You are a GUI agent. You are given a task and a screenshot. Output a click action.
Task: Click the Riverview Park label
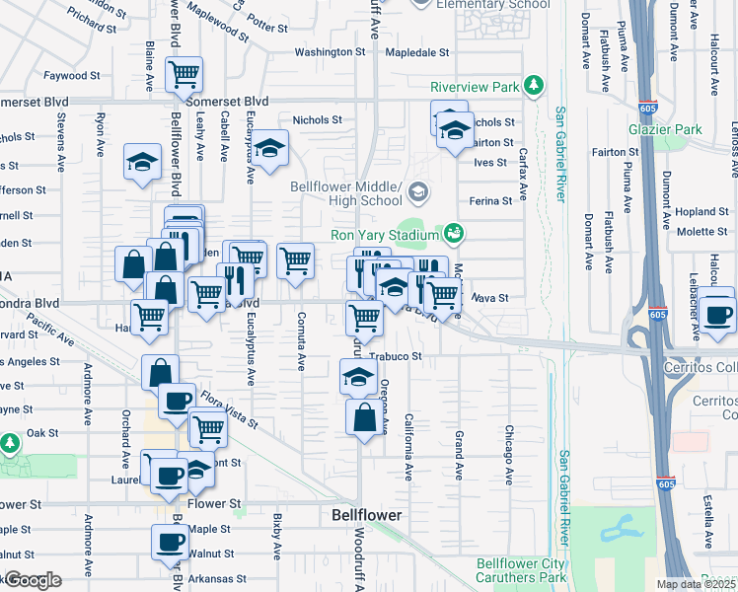coord(475,87)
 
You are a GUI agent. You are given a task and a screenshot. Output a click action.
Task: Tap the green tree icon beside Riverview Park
coord(534,87)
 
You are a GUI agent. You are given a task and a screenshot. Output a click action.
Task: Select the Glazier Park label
coord(664,129)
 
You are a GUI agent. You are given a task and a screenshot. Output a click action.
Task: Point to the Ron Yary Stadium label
coord(383,235)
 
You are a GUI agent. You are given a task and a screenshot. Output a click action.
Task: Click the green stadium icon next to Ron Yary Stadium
coord(454,234)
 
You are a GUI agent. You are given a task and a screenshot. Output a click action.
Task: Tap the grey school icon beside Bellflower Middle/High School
coord(417,190)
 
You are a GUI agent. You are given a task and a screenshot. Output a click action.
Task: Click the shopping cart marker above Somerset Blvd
coord(184,73)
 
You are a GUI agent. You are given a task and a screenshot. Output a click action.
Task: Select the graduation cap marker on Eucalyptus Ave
coord(268,148)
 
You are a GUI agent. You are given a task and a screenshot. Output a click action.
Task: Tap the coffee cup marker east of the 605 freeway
coord(718,315)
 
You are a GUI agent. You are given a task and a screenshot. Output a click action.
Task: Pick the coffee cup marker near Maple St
coord(170,541)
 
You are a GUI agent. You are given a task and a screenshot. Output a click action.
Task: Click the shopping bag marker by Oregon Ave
coord(364,416)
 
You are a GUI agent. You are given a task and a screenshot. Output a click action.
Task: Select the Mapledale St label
coord(416,52)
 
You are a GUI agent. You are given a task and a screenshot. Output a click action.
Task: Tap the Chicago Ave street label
coord(509,455)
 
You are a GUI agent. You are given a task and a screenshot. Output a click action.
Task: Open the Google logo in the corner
coord(32,581)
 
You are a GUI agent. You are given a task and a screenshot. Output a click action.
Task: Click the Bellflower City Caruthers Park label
coord(521,570)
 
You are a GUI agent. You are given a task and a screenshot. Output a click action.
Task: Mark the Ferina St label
coord(490,200)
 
